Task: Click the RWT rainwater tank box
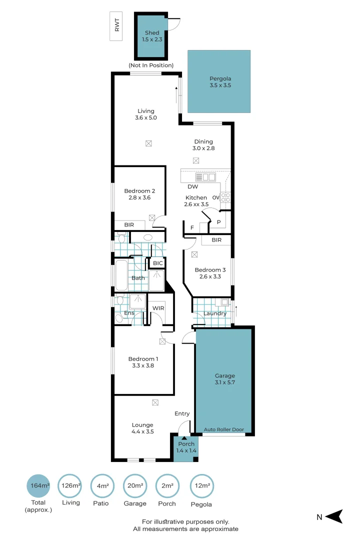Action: click(x=116, y=26)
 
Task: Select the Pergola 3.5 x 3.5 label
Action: click(x=220, y=82)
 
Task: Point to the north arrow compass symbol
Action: click(x=333, y=516)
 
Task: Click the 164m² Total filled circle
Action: click(x=38, y=485)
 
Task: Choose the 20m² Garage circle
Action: click(x=135, y=485)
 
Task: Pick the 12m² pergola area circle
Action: click(x=202, y=485)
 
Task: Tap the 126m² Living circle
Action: click(x=70, y=485)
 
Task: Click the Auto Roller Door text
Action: click(x=224, y=429)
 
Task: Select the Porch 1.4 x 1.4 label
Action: click(x=186, y=447)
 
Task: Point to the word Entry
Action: click(x=182, y=413)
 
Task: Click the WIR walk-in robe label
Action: click(x=158, y=308)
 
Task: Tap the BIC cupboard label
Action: click(x=158, y=263)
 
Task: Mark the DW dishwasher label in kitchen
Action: click(x=193, y=186)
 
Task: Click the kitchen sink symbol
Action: click(x=205, y=177)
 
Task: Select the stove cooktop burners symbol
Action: click(x=225, y=197)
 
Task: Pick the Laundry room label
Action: click(x=215, y=313)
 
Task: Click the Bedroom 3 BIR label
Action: click(x=216, y=240)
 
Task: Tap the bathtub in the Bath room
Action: click(x=121, y=275)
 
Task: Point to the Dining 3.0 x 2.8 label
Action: click(x=203, y=144)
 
